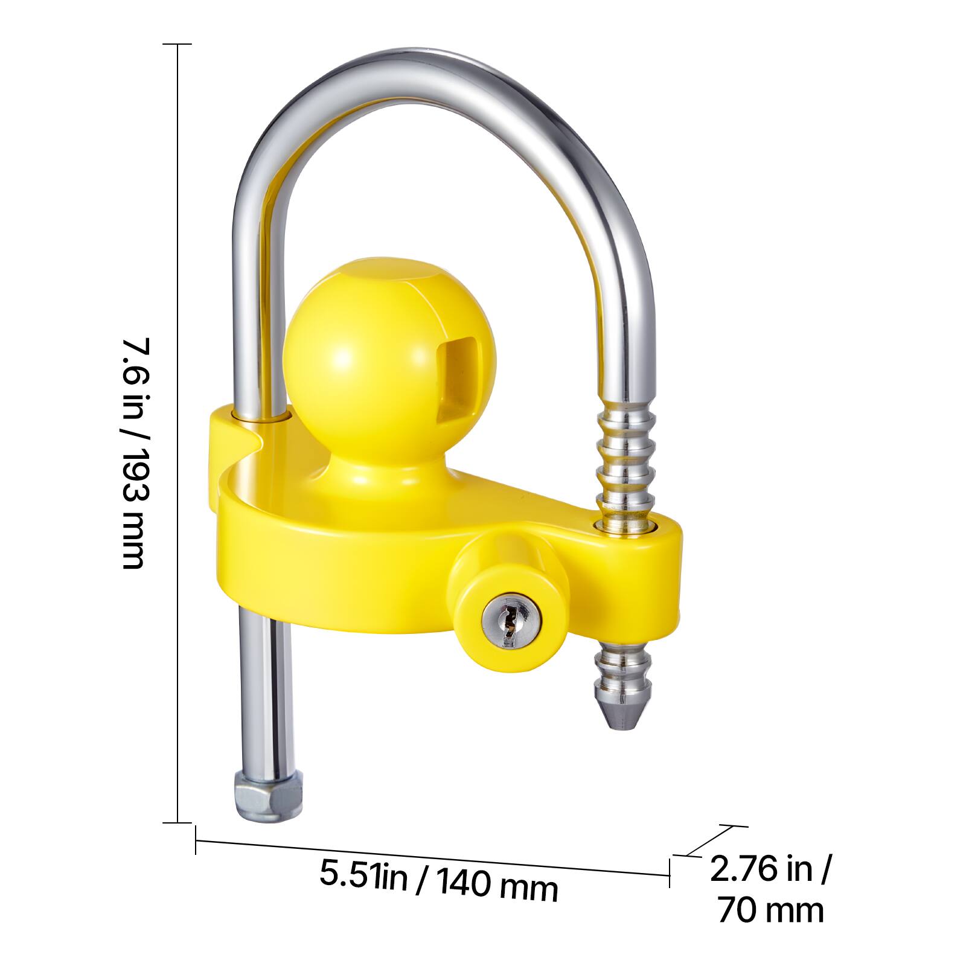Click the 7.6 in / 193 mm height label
134,453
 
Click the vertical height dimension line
178,433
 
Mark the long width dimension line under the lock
432,857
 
